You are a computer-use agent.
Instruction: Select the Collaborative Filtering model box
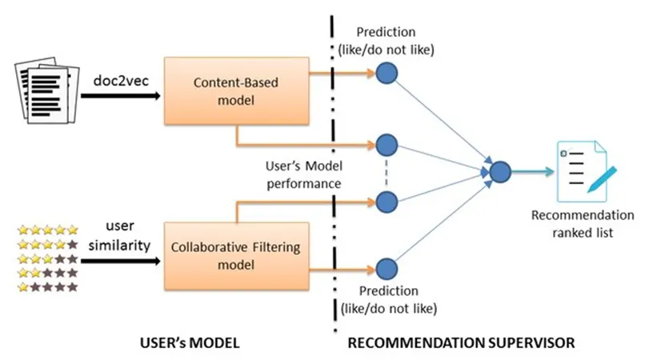(236, 256)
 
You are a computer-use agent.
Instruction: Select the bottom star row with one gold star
(48, 286)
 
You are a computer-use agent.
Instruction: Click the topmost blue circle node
(387, 74)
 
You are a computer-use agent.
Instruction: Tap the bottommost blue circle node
(387, 270)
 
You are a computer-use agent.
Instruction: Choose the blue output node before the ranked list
(500, 171)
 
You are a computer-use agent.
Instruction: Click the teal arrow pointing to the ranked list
(535, 171)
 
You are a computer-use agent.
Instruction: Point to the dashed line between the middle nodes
(387, 173)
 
